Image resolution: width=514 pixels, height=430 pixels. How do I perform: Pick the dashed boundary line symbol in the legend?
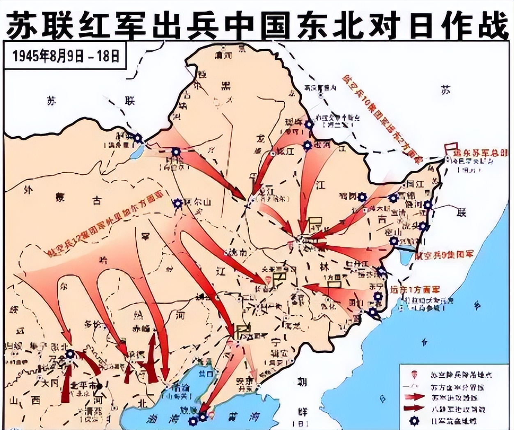coord(414,386)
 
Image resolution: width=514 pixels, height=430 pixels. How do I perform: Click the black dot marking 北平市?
coord(99,386)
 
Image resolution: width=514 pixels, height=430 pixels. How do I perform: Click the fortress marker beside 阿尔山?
coord(177,203)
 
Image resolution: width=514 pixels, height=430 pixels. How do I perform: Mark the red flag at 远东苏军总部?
coord(452,147)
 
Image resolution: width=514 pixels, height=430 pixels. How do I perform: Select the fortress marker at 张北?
coord(70,354)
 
